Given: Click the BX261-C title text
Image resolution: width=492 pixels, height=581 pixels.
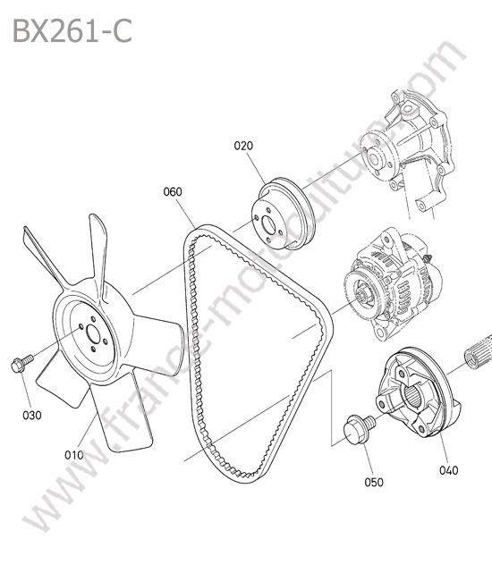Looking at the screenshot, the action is tap(72, 31).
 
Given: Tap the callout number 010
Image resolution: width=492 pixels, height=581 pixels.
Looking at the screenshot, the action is tap(74, 455).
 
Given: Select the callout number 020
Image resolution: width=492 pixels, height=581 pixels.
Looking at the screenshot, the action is tap(243, 146).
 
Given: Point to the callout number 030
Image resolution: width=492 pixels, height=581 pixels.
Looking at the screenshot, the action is tap(32, 416).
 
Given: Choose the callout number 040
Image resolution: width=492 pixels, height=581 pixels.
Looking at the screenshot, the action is tap(449, 470).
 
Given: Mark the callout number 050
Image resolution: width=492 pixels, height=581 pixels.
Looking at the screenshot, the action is tap(374, 482).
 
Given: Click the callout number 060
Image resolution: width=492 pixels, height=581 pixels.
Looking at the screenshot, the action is tap(173, 191).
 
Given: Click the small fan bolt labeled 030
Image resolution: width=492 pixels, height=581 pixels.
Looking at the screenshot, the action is tap(21, 363).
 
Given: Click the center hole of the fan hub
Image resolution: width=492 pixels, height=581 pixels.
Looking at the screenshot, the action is tap(93, 334).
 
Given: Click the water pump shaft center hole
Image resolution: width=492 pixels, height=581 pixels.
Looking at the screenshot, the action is tap(373, 159).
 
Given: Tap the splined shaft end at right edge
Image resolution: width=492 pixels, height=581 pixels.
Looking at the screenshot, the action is tap(479, 351).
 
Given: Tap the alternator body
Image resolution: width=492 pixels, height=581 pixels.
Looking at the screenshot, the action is tap(393, 285).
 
